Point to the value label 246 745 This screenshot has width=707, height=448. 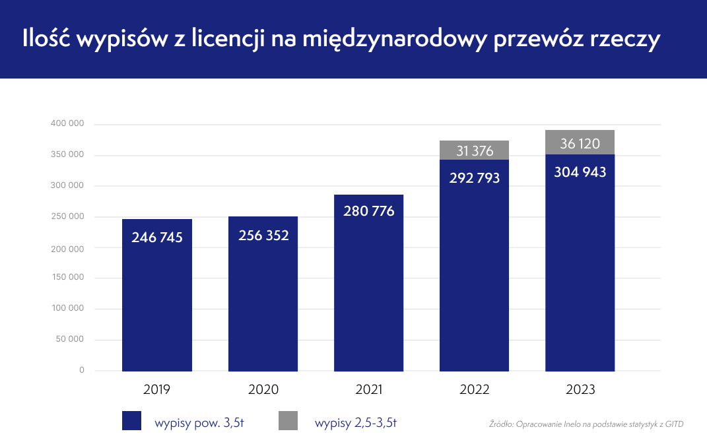pyautogui.click(x=157, y=238)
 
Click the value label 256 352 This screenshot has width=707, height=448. pyautogui.click(x=263, y=236)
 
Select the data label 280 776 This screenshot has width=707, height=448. pyautogui.click(x=368, y=211)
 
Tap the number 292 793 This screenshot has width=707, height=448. pyautogui.click(x=474, y=178)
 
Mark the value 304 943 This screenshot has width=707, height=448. pyautogui.click(x=580, y=173)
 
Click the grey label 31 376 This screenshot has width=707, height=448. pyautogui.click(x=474, y=151)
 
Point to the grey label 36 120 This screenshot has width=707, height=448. pyautogui.click(x=580, y=144)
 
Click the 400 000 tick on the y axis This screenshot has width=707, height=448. pyautogui.click(x=67, y=124)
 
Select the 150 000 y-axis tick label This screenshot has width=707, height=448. pyautogui.click(x=67, y=278)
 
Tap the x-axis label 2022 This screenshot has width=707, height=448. pyautogui.click(x=474, y=389)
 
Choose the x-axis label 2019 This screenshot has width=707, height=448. pyautogui.click(x=157, y=389)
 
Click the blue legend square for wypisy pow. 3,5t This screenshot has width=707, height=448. pyautogui.click(x=132, y=421)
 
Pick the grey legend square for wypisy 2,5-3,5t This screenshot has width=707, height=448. pyautogui.click(x=288, y=421)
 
